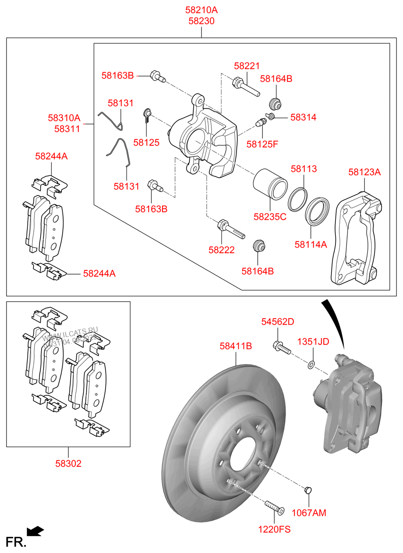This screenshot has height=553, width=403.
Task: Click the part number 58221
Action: (x=247, y=66)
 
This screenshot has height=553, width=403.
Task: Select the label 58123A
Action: (x=364, y=172)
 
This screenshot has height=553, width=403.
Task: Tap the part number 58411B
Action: (x=236, y=346)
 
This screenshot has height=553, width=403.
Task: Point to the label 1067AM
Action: (x=309, y=513)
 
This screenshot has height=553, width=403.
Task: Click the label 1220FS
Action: (x=275, y=529)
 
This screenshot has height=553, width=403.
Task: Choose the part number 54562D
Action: (x=277, y=322)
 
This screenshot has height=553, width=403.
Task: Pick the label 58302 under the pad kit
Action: (x=68, y=463)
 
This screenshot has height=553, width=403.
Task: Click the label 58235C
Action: (x=270, y=217)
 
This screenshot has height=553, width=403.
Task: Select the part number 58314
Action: (x=303, y=117)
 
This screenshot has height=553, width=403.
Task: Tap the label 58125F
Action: (x=262, y=144)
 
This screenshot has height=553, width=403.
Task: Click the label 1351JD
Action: (x=312, y=342)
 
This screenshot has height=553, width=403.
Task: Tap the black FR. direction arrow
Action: (x=35, y=530)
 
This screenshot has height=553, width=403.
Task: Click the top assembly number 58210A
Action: (x=201, y=10)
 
